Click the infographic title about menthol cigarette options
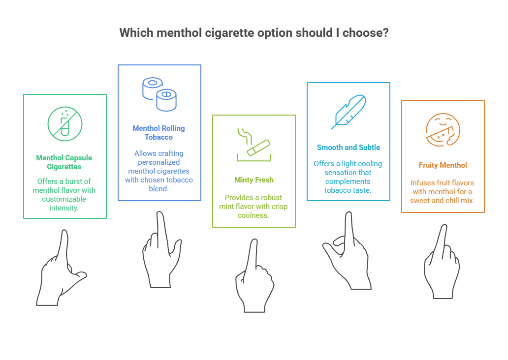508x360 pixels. pos(254,33)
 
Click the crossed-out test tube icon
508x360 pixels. pos(65,123)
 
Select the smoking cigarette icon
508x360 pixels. pos(254,146)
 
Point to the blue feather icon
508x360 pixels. pos(349,112)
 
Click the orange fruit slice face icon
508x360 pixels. pos(443,130)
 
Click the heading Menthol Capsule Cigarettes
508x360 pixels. pos(65,162)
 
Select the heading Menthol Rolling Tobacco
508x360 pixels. pos(159,133)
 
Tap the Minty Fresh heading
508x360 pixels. pos(254,180)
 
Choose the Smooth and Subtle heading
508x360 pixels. pos(349,148)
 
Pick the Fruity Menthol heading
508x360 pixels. pos(443,165)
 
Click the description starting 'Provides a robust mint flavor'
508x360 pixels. pos(254,207)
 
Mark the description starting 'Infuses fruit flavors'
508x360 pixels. pos(443,192)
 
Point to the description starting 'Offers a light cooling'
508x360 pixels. pos(349,177)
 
